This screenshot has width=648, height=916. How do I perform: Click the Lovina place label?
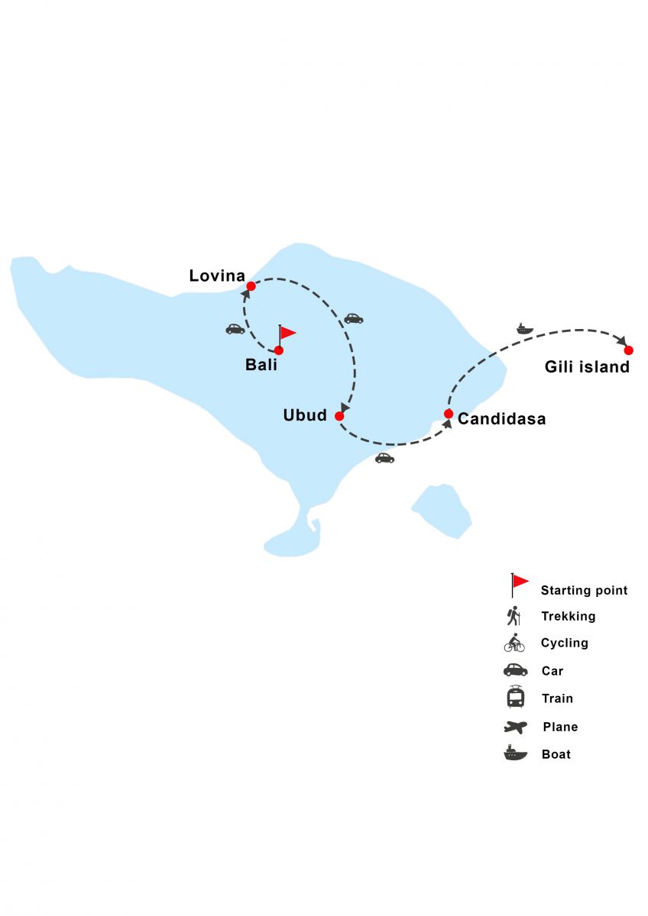pos(217,276)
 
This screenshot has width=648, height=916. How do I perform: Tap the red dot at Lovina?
pos(251,286)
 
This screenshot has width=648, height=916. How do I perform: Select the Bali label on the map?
pos(261,365)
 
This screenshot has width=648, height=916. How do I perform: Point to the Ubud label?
pos(305,416)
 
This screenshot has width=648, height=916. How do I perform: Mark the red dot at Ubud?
pos(339,416)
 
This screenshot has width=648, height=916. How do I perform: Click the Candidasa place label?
pos(501,419)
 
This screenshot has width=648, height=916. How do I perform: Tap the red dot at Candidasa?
pos(449,414)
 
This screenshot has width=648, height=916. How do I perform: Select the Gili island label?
pos(587,367)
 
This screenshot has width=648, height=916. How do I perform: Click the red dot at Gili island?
pos(628,350)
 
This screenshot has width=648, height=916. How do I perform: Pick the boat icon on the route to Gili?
pos(524,328)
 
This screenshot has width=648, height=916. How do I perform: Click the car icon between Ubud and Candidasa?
pos(384,458)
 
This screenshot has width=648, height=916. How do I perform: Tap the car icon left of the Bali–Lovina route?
pos(235,329)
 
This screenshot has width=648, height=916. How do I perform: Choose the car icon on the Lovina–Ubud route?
pos(353,318)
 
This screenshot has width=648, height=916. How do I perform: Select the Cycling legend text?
pos(564,643)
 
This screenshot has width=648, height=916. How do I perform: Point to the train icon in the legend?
pos(515,698)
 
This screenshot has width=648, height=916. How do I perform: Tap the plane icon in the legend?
pos(515,727)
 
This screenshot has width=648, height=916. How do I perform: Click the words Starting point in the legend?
pos(584,590)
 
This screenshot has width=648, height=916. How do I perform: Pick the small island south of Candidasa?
pos(443,511)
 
